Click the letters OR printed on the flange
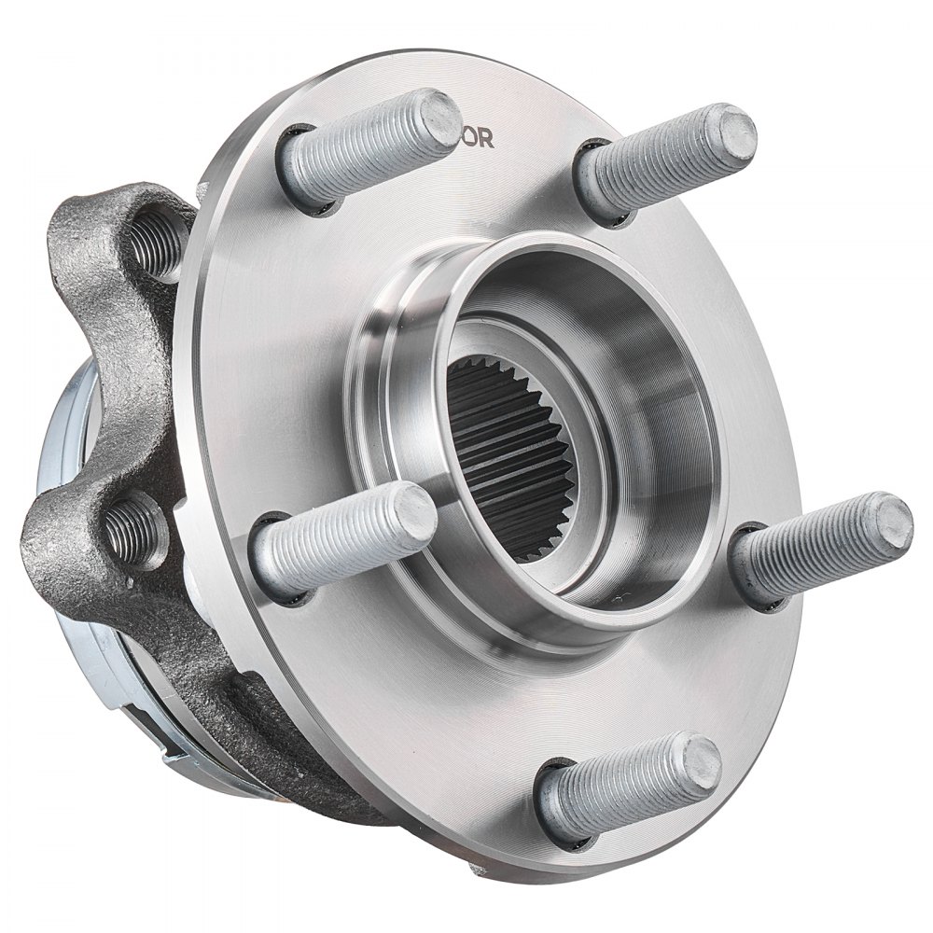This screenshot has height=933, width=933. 478,137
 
